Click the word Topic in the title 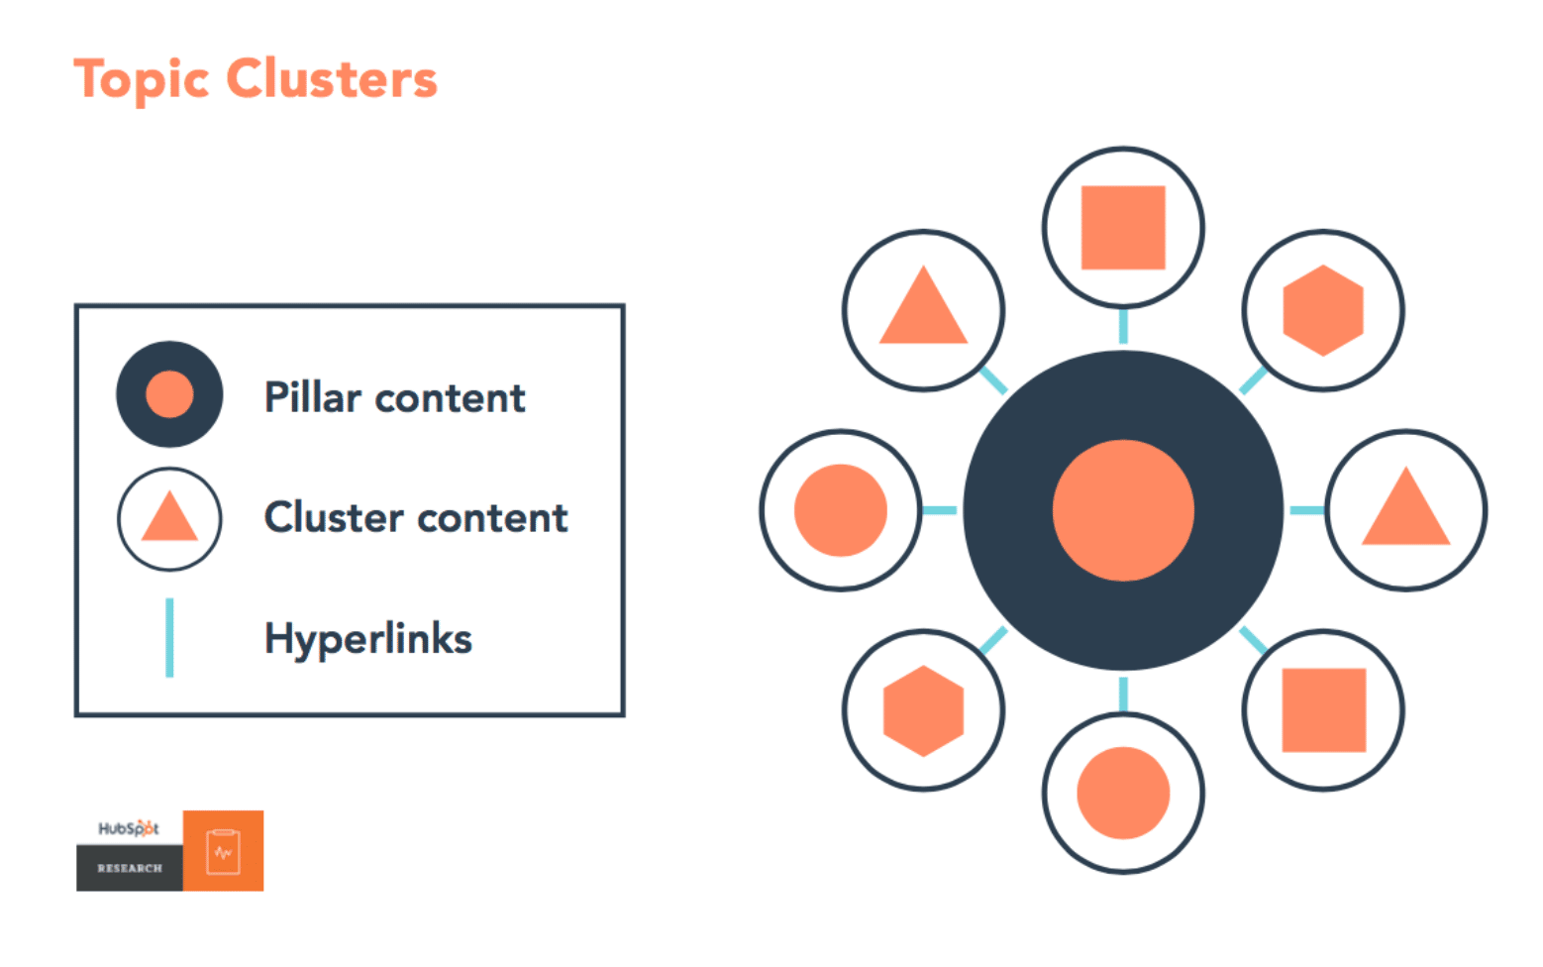pyautogui.click(x=142, y=80)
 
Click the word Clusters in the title pyautogui.click(x=332, y=78)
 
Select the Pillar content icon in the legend pyautogui.click(x=169, y=394)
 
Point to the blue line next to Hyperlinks pyautogui.click(x=169, y=637)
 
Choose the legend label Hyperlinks pyautogui.click(x=368, y=639)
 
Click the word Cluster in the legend pyautogui.click(x=334, y=517)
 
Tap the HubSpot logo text pyautogui.click(x=129, y=828)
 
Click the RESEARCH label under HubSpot pyautogui.click(x=130, y=868)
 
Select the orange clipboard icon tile pyautogui.click(x=223, y=850)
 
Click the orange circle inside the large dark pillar pyautogui.click(x=1123, y=510)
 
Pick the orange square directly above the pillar pyautogui.click(x=1123, y=228)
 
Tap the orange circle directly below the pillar pyautogui.click(x=1123, y=794)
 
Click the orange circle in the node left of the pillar pyautogui.click(x=841, y=510)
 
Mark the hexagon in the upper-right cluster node pyautogui.click(x=1323, y=310)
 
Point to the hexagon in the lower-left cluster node pyautogui.click(x=923, y=710)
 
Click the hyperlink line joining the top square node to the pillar pyautogui.click(x=1123, y=326)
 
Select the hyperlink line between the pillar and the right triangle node pyautogui.click(x=1306, y=510)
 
